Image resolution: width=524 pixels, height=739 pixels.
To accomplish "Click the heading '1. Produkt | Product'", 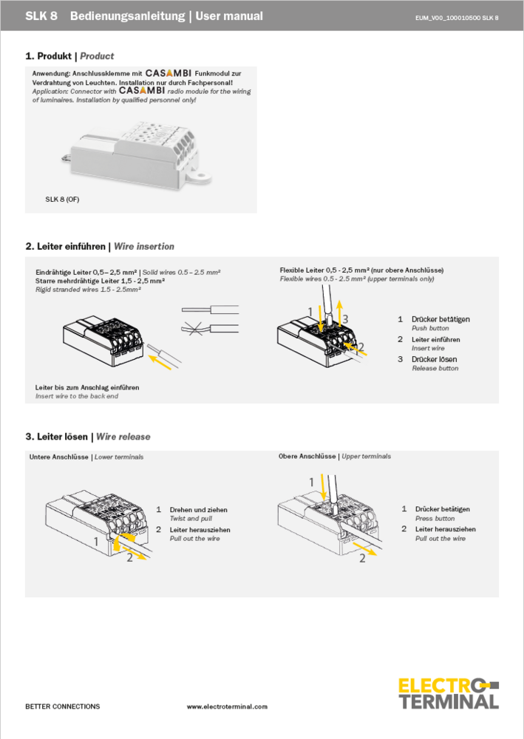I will [69, 56].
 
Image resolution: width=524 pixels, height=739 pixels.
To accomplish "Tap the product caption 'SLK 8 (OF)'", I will [62, 200].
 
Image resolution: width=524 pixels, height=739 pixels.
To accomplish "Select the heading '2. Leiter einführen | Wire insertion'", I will [100, 246].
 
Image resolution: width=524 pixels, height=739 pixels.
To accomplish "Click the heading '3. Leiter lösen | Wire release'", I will [87, 437].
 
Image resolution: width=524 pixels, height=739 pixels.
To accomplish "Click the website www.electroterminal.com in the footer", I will [227, 706].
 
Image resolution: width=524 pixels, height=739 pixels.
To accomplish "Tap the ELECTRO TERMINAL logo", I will [449, 693].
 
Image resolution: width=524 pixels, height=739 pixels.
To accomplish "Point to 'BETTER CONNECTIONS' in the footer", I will [62, 706].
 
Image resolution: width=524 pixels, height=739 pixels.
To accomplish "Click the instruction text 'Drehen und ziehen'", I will [198, 510].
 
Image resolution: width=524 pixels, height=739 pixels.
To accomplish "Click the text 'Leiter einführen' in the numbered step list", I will [435, 339].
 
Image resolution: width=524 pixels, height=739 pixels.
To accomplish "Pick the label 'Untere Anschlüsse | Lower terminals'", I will [86, 457].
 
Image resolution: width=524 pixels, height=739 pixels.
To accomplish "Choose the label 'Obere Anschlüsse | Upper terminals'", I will [335, 457].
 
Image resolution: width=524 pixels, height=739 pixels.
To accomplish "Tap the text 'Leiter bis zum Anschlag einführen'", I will [87, 387].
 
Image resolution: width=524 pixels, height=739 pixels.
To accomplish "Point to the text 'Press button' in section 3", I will [435, 519].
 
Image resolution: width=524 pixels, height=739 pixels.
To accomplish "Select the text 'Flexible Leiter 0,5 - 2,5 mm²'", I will [325, 270].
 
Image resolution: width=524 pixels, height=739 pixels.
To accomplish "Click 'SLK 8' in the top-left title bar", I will [41, 16].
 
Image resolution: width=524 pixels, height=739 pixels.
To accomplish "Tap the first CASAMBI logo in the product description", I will [169, 74].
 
